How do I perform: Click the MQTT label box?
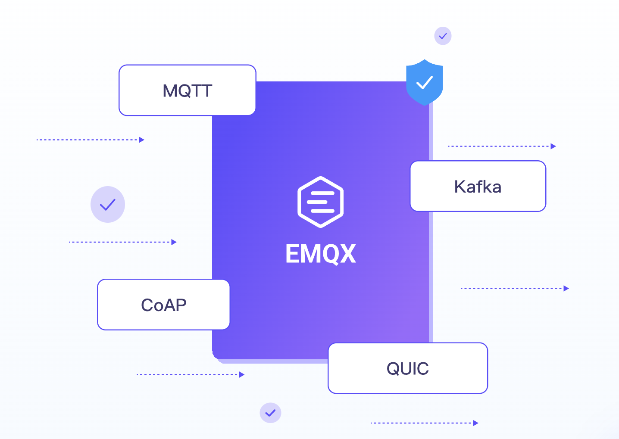187,90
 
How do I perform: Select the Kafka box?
478,186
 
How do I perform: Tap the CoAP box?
163,305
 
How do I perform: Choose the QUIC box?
407,368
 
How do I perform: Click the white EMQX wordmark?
320,254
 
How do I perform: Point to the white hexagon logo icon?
320,202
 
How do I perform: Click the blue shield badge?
425,82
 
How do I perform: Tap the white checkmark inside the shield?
425,82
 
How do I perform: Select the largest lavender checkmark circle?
108,204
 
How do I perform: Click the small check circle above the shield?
443,36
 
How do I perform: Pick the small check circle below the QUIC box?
270,413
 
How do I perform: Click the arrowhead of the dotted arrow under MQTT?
142,140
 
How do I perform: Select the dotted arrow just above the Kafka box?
502,146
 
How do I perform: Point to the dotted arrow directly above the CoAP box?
123,242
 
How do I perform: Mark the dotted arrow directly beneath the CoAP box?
191,374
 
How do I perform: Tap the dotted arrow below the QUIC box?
425,423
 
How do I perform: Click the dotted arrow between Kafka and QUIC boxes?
515,288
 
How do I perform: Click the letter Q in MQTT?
187,91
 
